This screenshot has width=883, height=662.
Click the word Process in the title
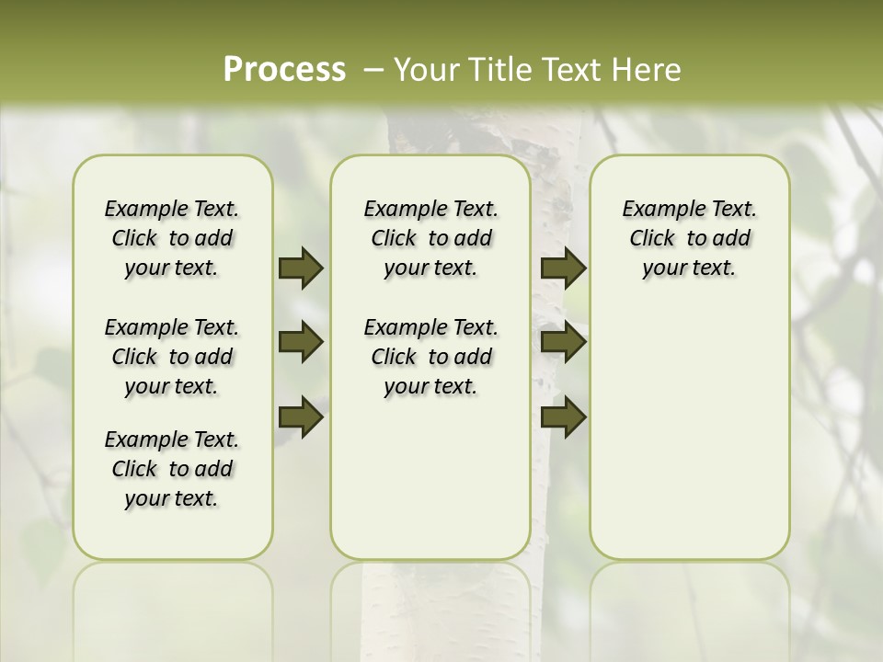click(x=284, y=70)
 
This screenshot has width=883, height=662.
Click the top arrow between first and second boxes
click(x=301, y=268)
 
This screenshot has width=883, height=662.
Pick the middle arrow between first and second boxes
click(x=301, y=342)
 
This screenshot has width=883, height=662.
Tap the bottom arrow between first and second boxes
click(x=301, y=416)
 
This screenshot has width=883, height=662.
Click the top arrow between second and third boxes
click(x=563, y=268)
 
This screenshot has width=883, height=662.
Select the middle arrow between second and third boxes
click(x=563, y=342)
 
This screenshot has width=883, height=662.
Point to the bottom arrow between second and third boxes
click(x=563, y=416)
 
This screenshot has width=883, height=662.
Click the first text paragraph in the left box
click(x=172, y=238)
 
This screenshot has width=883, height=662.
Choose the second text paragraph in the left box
click(x=172, y=357)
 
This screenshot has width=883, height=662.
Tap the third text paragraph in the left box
click(x=172, y=469)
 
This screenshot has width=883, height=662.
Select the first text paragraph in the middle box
click(x=430, y=238)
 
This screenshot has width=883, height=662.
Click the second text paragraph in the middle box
click(x=430, y=357)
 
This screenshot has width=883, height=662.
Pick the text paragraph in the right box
click(x=689, y=238)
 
